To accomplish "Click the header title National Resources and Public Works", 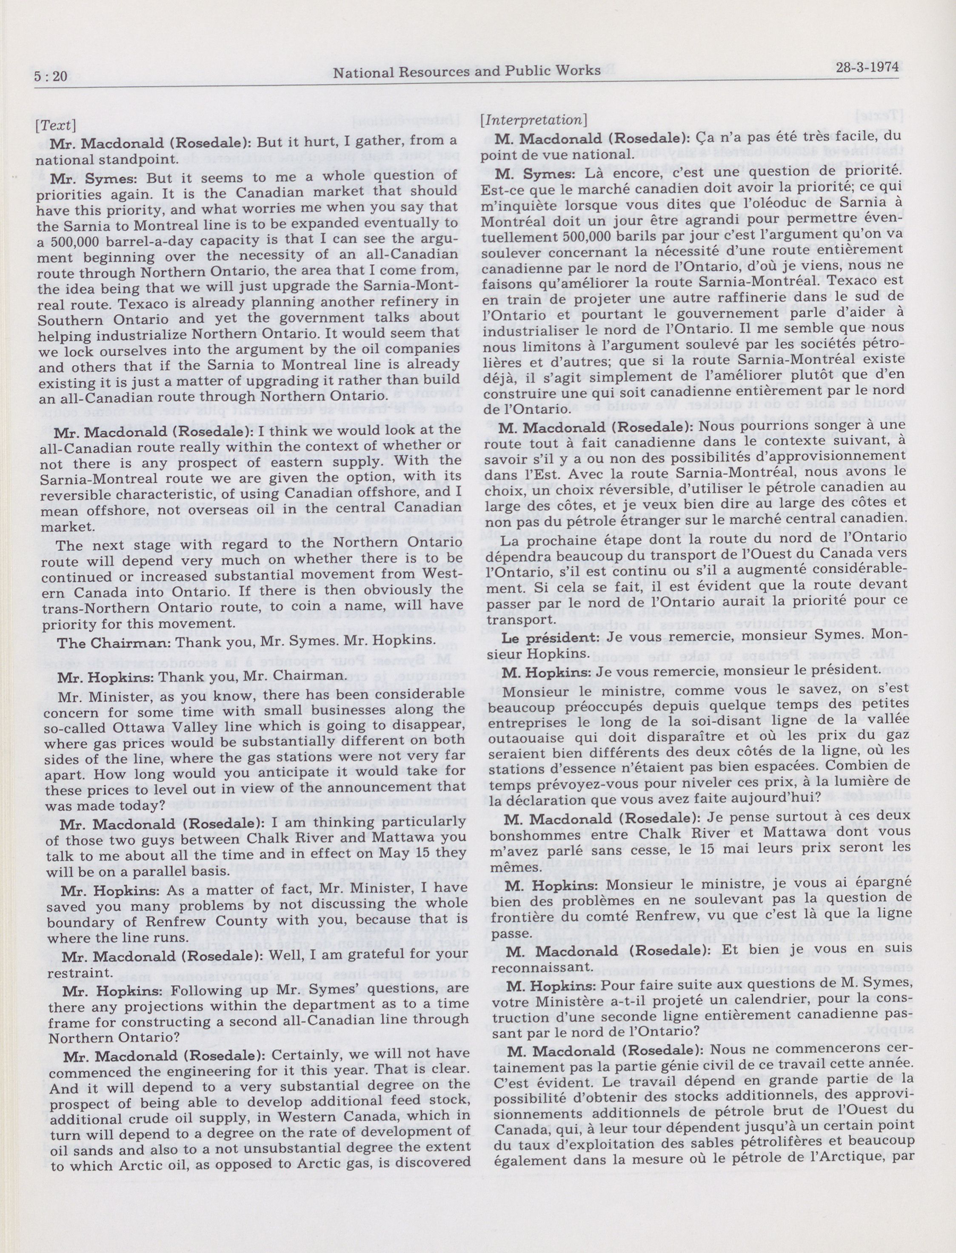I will coord(467,71).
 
